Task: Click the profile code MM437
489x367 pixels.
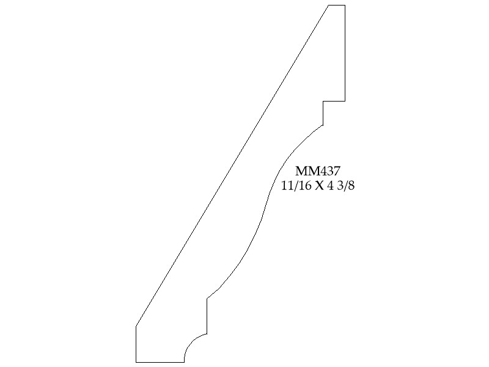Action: point(317,171)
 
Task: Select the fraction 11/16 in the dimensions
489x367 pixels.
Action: point(296,186)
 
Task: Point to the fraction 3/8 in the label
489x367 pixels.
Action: point(346,186)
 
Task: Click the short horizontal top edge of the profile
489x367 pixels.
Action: point(337,6)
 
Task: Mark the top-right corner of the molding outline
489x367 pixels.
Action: point(345,6)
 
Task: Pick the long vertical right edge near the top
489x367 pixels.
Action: point(345,53)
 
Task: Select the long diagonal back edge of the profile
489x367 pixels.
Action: point(232,166)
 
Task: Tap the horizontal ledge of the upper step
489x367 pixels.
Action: point(334,101)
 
